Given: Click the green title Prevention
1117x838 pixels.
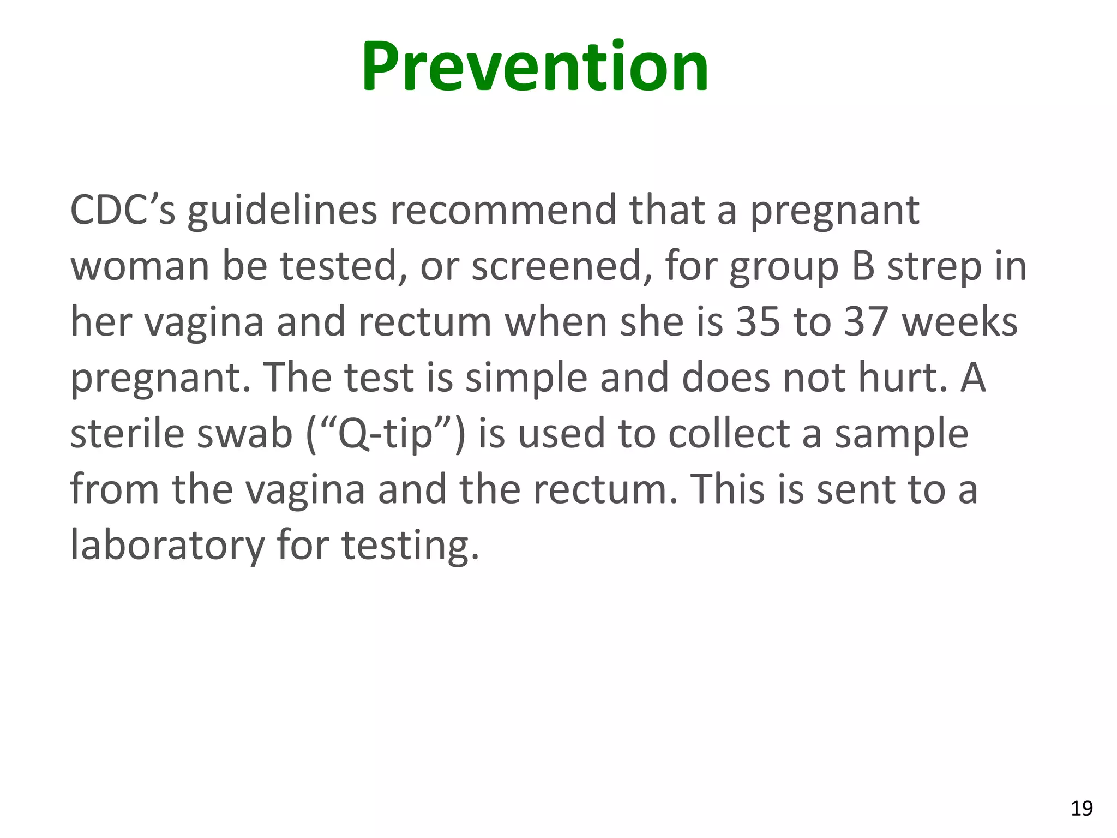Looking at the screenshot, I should [x=535, y=67].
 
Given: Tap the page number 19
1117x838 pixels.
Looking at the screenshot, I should [x=1082, y=808].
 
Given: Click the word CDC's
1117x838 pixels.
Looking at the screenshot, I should [x=123, y=210].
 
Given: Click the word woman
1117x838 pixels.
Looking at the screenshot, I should [x=140, y=266].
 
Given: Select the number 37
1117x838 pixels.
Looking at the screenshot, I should [x=867, y=322].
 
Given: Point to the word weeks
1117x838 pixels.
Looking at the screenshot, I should [x=960, y=322].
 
